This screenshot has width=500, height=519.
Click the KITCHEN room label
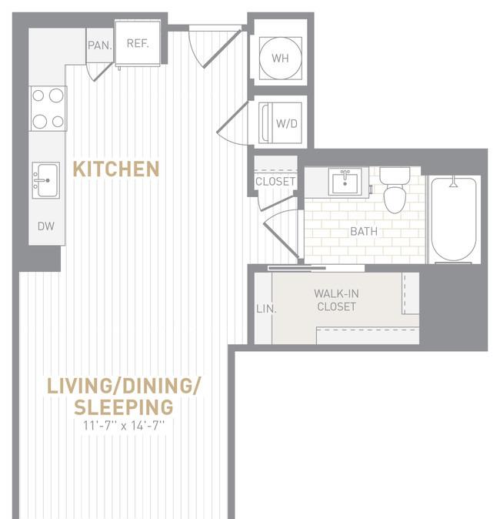click(115, 169)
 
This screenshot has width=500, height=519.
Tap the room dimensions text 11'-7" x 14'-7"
click(124, 425)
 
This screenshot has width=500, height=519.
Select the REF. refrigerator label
click(138, 43)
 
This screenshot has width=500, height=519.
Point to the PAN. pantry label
click(100, 45)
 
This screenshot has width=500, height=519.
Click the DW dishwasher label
click(46, 226)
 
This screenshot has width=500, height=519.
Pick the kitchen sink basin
click(46, 180)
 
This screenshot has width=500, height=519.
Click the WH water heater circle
click(281, 58)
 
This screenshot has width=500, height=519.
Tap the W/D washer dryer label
click(287, 124)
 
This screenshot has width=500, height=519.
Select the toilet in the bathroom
click(395, 190)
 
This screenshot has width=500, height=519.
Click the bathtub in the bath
click(454, 220)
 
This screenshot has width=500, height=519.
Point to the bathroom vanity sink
click(345, 182)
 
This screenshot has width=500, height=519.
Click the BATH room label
click(364, 231)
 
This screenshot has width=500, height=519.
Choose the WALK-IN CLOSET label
click(336, 300)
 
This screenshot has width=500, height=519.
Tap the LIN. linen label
click(266, 309)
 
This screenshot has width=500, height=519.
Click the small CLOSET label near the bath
click(275, 182)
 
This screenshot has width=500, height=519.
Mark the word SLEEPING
click(124, 407)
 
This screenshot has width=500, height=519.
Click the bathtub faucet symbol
click(454, 182)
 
